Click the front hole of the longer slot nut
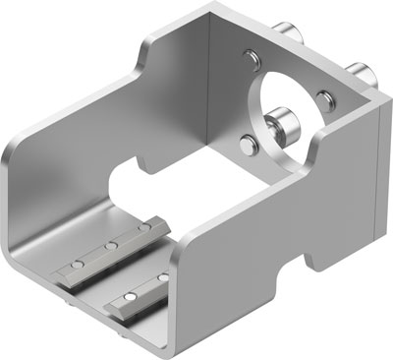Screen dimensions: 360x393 click(72, 265)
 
